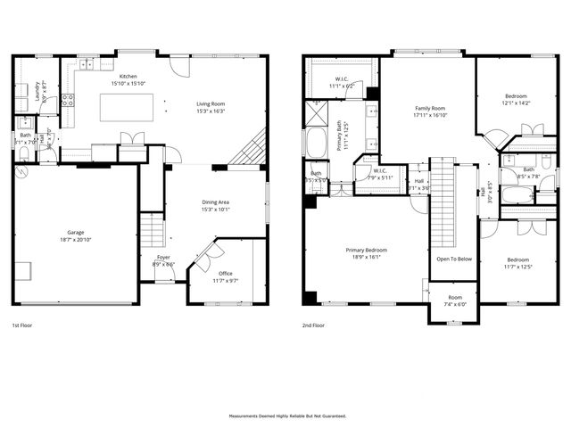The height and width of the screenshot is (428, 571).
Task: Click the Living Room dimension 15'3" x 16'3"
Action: (211, 111)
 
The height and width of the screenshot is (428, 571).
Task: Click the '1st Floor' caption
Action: (24, 325)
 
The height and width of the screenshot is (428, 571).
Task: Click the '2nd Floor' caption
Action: (313, 325)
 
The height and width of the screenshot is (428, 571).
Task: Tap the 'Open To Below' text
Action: (453, 259)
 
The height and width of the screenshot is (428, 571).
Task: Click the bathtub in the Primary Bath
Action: (317, 143)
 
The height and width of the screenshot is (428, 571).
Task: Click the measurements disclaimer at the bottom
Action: (285, 416)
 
